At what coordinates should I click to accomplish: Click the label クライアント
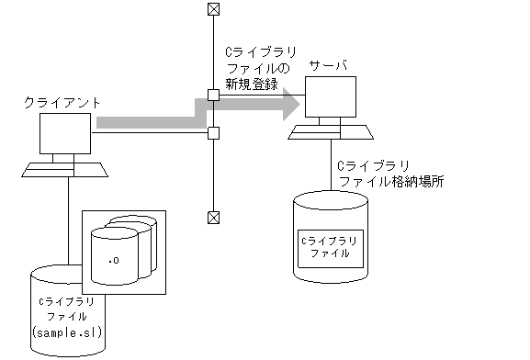(x=61, y=105)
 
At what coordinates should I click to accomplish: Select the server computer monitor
(x=331, y=99)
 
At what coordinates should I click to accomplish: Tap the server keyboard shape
(x=331, y=132)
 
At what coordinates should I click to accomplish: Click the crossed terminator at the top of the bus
(x=213, y=9)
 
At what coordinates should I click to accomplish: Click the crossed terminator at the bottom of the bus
(x=213, y=218)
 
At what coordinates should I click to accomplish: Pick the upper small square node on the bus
(x=213, y=95)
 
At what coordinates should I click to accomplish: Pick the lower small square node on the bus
(x=213, y=133)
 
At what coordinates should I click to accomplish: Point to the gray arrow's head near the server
(x=290, y=103)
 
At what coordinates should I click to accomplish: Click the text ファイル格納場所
(x=391, y=182)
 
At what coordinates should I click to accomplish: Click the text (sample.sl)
(x=66, y=331)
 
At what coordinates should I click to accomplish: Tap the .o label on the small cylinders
(x=114, y=261)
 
